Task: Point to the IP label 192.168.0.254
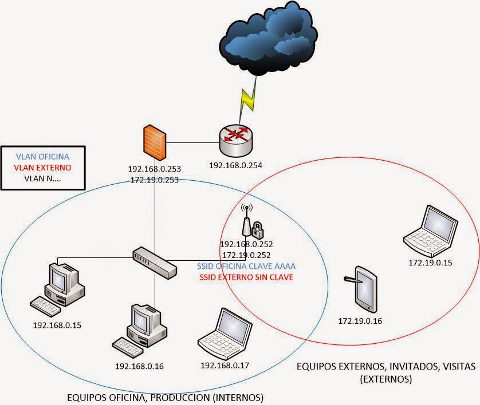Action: pyautogui.click(x=235, y=166)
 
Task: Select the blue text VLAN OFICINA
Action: pyautogui.click(x=43, y=156)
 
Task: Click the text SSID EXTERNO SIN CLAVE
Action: pyautogui.click(x=246, y=277)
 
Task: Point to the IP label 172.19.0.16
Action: pyautogui.click(x=360, y=321)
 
